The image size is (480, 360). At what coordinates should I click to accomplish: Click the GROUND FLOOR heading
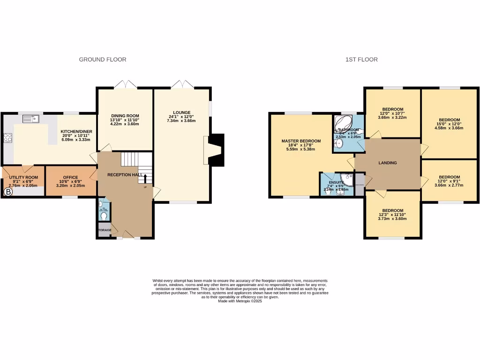pos(102,60)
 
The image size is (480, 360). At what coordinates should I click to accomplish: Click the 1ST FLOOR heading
pos(361,60)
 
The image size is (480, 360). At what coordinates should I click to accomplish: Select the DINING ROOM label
pos(125,116)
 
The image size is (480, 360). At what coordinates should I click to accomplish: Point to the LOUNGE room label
pos(181,112)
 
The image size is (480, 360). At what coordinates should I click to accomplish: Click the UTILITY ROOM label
pos(23,178)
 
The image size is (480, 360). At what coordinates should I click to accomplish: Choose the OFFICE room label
pos(70,178)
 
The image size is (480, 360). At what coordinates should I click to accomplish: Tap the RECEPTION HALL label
pos(125,174)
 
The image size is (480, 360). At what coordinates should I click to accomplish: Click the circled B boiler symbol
pos(8,192)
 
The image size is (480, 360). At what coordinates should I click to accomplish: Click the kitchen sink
pos(29,119)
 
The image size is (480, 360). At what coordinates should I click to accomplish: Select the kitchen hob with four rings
pos(8,138)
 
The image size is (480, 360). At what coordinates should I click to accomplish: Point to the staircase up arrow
pos(145,179)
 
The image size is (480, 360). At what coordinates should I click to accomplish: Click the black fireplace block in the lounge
pos(216,150)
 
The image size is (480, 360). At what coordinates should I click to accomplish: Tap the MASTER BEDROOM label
pos(301,141)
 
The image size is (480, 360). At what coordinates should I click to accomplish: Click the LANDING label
pos(388,163)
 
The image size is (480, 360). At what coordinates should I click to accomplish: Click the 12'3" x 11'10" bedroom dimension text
pos(392,215)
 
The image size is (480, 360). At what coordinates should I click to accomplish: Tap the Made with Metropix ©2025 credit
pos(240,301)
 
